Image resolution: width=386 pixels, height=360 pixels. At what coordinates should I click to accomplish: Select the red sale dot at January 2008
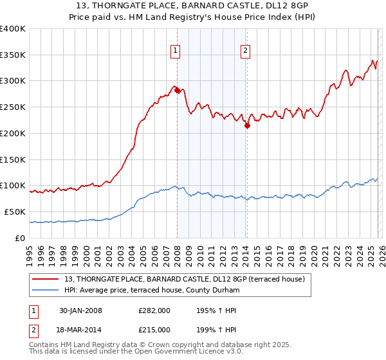(x=177, y=91)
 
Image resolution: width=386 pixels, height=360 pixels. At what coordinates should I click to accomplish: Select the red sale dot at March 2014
(x=247, y=126)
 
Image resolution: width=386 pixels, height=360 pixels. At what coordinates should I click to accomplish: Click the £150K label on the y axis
(x=13, y=159)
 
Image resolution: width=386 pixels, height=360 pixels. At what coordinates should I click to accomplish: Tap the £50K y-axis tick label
(x=15, y=212)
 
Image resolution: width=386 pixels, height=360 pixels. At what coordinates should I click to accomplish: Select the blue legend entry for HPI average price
(x=152, y=291)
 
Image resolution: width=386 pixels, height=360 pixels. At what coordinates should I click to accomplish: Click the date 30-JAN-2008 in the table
(x=80, y=310)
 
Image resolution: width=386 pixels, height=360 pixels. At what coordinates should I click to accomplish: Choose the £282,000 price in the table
(x=154, y=310)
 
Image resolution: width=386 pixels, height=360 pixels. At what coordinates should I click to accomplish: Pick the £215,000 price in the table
(x=154, y=330)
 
